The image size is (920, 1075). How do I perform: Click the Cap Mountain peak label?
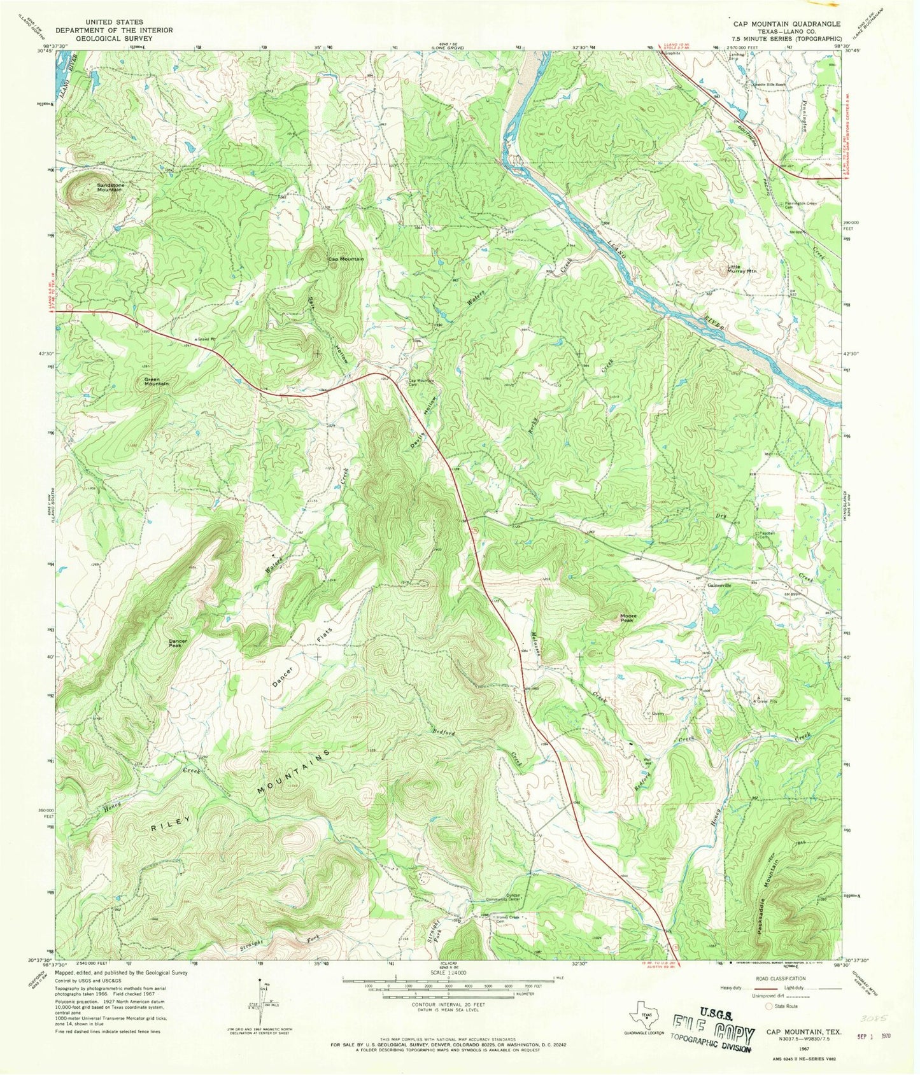tap(346, 259)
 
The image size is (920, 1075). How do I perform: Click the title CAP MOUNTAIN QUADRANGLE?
tap(786, 24)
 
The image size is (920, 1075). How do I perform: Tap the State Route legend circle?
tap(770, 1006)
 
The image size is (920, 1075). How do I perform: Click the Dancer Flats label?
tap(302, 657)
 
